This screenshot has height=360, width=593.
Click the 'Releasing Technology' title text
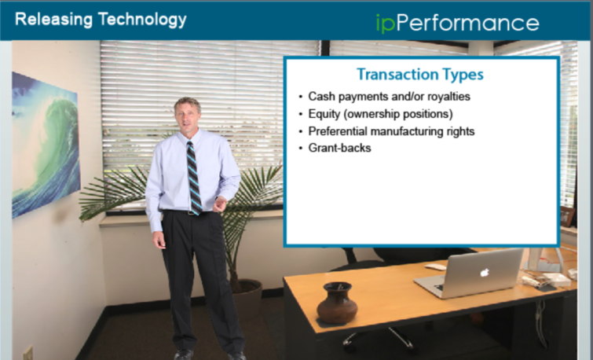point(101,20)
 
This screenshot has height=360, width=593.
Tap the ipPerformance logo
point(458,24)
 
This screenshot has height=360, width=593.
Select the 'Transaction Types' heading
point(420,74)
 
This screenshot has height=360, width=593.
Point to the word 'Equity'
point(324,114)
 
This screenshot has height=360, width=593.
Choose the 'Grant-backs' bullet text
point(339,148)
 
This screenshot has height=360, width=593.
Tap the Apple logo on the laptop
point(485,272)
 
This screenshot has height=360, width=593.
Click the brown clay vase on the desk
point(337,303)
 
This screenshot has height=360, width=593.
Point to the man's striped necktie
point(194,178)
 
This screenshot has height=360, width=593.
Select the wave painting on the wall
point(46,145)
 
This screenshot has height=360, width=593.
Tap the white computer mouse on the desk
point(435,266)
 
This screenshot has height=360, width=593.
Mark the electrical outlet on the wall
point(28,353)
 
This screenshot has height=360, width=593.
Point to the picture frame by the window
point(567,216)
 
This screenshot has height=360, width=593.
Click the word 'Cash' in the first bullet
point(321,97)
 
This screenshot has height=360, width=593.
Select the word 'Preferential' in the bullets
point(338,131)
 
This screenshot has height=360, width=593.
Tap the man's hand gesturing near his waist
point(220,204)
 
